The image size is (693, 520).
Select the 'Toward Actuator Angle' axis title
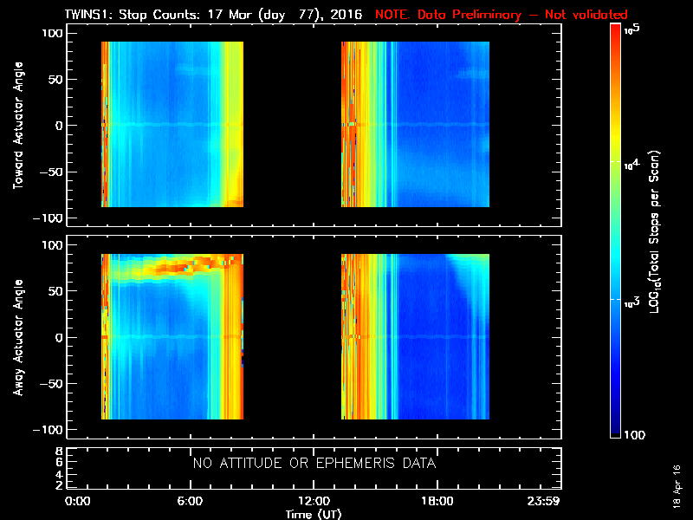16,124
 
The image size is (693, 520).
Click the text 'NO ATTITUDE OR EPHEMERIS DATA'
314,464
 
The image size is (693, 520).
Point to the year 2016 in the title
347,15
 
